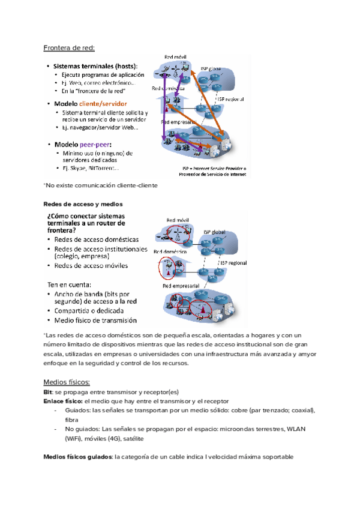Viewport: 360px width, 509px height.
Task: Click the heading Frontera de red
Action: [69, 48]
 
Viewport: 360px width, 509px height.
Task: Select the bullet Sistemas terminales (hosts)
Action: [96, 65]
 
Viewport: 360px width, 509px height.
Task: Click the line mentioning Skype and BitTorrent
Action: [90, 168]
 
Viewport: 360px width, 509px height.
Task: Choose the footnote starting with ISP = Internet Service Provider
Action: [215, 168]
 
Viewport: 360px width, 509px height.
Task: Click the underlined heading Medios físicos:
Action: [67, 382]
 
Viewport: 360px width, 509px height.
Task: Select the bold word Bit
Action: [48, 391]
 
